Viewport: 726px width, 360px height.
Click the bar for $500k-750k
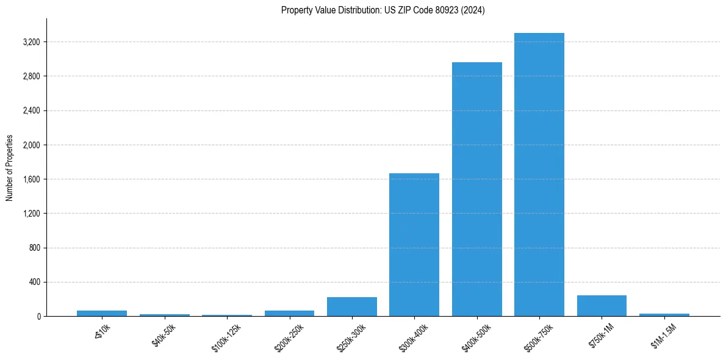(x=539, y=175)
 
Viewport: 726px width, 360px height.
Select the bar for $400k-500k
(x=476, y=189)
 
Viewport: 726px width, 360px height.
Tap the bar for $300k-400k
(x=414, y=245)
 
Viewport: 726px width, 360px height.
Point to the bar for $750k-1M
(x=602, y=306)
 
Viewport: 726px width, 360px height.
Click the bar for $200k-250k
(x=289, y=314)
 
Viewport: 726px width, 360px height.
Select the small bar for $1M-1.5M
(x=664, y=315)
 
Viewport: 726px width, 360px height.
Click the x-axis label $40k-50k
(x=162, y=336)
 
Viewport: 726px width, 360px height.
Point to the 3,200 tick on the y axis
(x=31, y=42)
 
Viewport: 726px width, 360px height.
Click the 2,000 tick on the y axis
(x=31, y=145)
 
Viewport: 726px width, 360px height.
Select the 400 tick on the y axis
(x=33, y=283)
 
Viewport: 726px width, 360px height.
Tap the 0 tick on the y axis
(x=38, y=317)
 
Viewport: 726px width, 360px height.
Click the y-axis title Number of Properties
(x=10, y=168)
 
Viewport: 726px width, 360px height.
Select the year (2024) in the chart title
(x=473, y=10)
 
